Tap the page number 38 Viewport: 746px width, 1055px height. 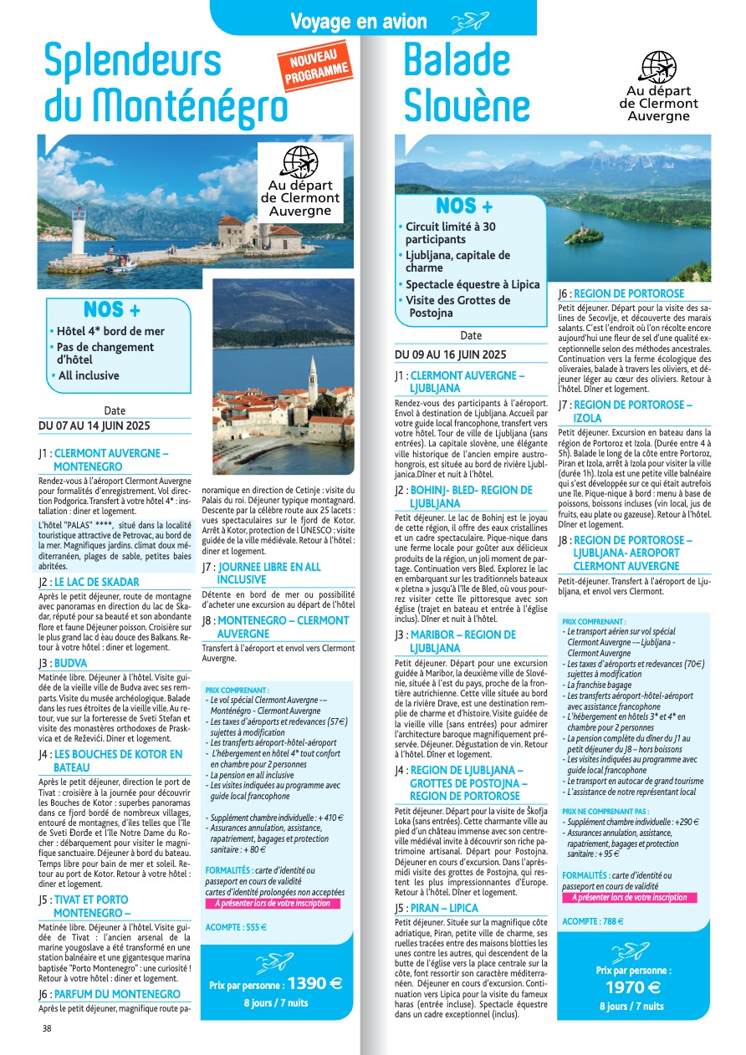pos(47,1028)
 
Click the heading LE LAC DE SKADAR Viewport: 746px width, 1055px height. pos(97,582)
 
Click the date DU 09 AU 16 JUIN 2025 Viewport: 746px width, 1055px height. pos(451,354)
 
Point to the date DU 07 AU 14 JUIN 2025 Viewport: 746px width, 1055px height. pos(95,426)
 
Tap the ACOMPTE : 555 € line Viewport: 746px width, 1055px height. pos(236,926)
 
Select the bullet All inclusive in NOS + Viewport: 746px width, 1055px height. pos(88,375)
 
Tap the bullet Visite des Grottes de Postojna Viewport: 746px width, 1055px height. pos(457,307)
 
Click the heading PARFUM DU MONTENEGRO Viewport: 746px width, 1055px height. pos(117,994)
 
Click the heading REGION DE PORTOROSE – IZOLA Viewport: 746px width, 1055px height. pos(632,411)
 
